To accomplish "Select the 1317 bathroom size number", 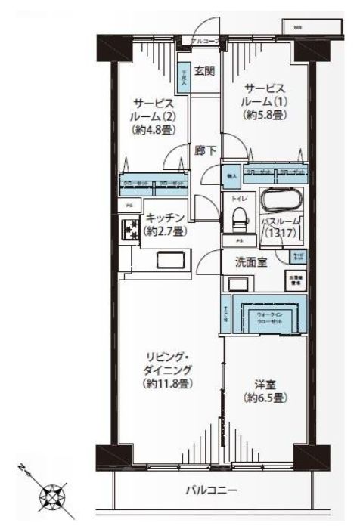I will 281,234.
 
